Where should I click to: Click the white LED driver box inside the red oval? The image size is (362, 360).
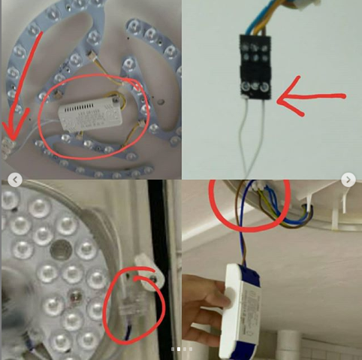click(89, 114)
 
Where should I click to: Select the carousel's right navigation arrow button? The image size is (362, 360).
click(348, 180)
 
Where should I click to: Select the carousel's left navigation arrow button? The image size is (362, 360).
click(14, 180)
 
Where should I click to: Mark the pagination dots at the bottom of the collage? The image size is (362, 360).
click(181, 349)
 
